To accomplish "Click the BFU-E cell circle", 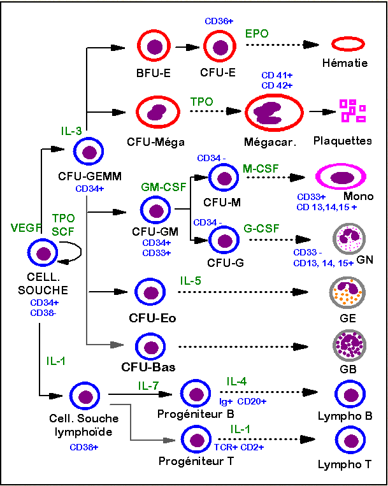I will tap(154, 46).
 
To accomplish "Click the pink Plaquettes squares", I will tap(352, 110).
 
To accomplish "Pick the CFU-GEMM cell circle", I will tap(90, 152).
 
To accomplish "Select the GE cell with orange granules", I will tap(348, 292).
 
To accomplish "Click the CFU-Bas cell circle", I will tap(152, 347).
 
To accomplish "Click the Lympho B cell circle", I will tap(349, 394).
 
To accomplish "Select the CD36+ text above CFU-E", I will tap(219, 20).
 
